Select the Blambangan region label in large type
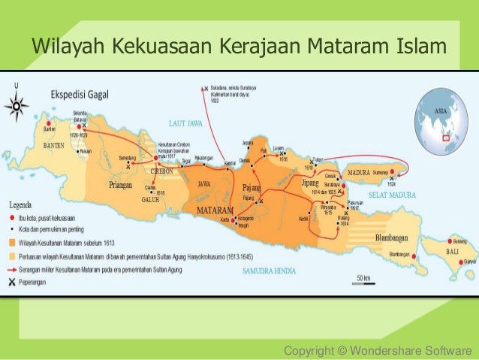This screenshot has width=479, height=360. [394, 238]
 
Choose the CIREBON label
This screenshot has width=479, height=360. [162, 171]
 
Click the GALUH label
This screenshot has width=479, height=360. [149, 200]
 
